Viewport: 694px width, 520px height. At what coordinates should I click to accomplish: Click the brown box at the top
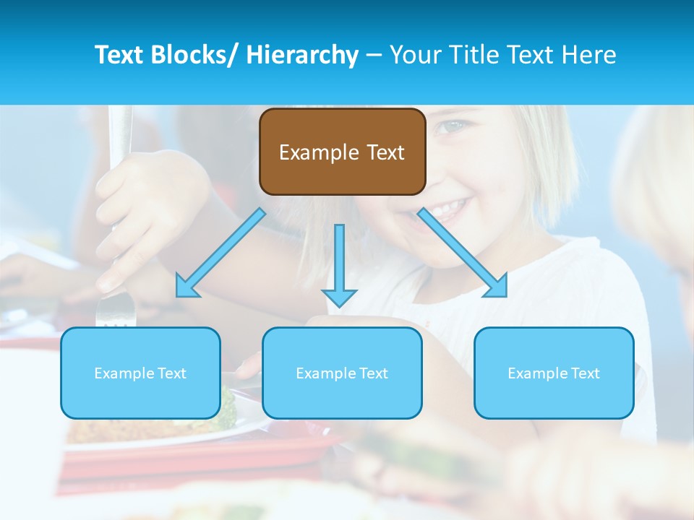[x=342, y=152]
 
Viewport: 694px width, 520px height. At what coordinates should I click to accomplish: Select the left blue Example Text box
[x=140, y=373]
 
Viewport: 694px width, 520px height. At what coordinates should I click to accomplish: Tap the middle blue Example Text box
[x=342, y=373]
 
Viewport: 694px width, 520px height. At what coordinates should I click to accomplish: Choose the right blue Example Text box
[x=554, y=373]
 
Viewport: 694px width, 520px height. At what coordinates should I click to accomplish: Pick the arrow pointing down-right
[x=463, y=253]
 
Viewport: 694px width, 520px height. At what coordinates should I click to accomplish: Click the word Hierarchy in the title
[x=302, y=55]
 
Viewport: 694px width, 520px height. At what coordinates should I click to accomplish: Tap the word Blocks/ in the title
[x=195, y=55]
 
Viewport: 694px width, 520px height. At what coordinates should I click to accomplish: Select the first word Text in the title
[x=120, y=55]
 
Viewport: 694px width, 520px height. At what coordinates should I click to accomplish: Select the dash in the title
[x=374, y=55]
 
